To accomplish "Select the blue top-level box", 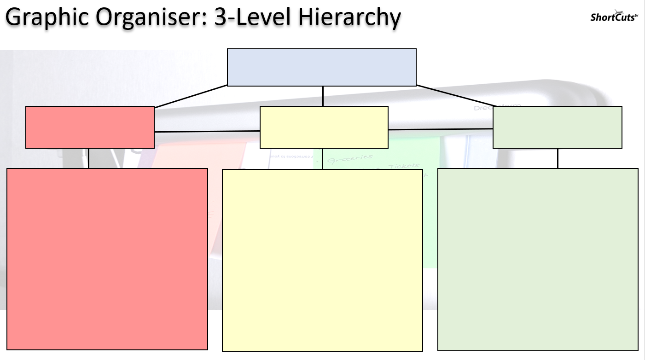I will tap(322, 67).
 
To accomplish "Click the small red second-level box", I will tap(90, 127).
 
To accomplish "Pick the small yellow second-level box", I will tap(324, 127).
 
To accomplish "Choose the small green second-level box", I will tap(557, 127).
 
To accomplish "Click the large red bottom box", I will tap(107, 259).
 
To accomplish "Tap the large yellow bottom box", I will tap(322, 260).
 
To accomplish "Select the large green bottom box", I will tap(538, 259).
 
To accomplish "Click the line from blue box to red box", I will tap(191, 96).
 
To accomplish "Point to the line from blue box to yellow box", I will tap(323, 96).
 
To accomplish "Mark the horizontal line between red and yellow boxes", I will tap(207, 131).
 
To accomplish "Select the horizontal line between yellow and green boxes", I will tap(441, 129).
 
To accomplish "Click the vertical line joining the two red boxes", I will tap(88, 158).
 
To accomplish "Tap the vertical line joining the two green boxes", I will tap(558, 158).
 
